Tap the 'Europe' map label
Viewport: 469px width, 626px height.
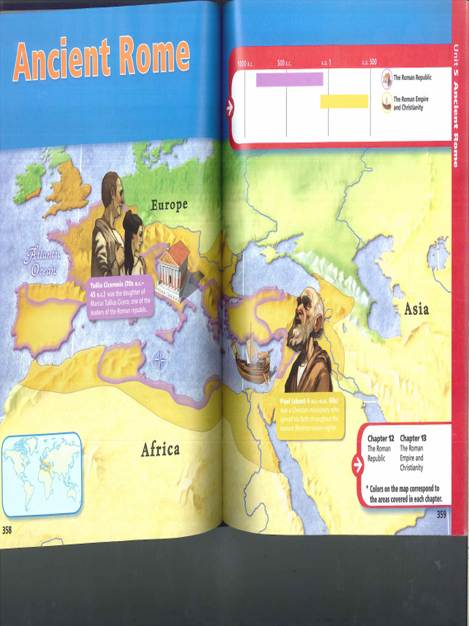[169, 205]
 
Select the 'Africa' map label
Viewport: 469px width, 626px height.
[160, 450]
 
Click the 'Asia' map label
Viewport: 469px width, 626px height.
[416, 310]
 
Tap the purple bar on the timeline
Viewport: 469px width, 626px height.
[289, 79]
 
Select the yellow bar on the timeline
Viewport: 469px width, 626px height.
[344, 101]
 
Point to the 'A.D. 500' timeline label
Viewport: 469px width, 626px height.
[369, 62]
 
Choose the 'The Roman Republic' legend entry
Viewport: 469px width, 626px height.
[412, 78]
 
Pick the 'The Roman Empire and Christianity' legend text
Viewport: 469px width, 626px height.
[410, 103]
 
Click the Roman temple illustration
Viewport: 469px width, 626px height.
[173, 270]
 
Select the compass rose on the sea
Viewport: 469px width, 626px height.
[159, 359]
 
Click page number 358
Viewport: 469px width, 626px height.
[7, 530]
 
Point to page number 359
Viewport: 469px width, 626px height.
[441, 515]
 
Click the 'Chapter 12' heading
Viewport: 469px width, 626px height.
[380, 438]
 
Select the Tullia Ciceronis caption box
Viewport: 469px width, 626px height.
[120, 296]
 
